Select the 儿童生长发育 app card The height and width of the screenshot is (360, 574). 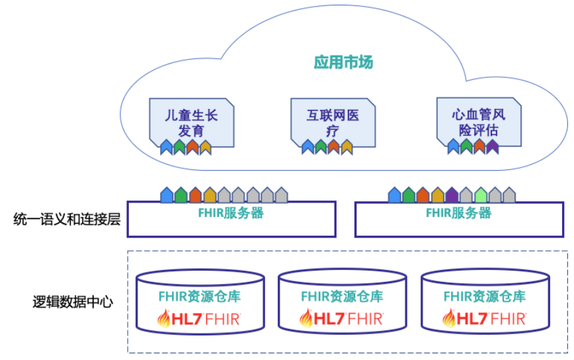click(x=191, y=122)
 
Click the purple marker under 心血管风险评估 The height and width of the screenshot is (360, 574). click(x=492, y=147)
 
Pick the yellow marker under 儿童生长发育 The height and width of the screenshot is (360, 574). click(x=206, y=147)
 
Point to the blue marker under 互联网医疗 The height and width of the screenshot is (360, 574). click(x=307, y=147)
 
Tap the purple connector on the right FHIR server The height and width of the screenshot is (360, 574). click(x=452, y=195)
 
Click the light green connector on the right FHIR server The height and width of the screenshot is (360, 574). click(x=481, y=195)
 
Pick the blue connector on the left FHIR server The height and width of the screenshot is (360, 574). click(x=167, y=195)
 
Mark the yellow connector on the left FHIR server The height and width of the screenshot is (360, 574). click(x=210, y=195)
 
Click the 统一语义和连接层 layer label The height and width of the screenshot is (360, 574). click(x=67, y=218)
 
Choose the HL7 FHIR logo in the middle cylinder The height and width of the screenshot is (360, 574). click(x=342, y=318)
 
